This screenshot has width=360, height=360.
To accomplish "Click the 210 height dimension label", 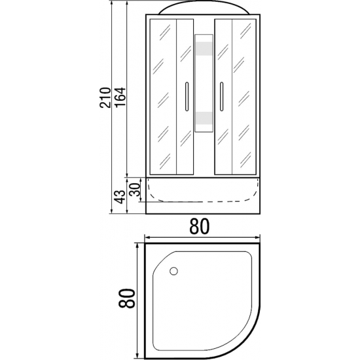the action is pyautogui.click(x=105, y=98).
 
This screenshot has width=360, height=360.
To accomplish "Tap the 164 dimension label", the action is pyautogui.click(x=120, y=97).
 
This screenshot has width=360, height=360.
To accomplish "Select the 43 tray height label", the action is pyautogui.click(x=120, y=197).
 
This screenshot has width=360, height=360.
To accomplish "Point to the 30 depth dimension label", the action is pyautogui.click(x=135, y=189).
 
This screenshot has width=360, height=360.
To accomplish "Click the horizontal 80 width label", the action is pyautogui.click(x=199, y=226).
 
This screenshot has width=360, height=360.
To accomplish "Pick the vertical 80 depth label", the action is pyautogui.click(x=126, y=298).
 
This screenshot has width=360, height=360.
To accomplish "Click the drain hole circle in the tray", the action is pyautogui.click(x=174, y=271).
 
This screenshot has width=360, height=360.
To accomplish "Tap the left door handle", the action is pyautogui.click(x=187, y=96).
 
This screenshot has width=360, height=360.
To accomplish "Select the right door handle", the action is pyautogui.click(x=221, y=96).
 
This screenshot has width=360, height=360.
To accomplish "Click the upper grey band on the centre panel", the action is pyautogui.click(x=204, y=48).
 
